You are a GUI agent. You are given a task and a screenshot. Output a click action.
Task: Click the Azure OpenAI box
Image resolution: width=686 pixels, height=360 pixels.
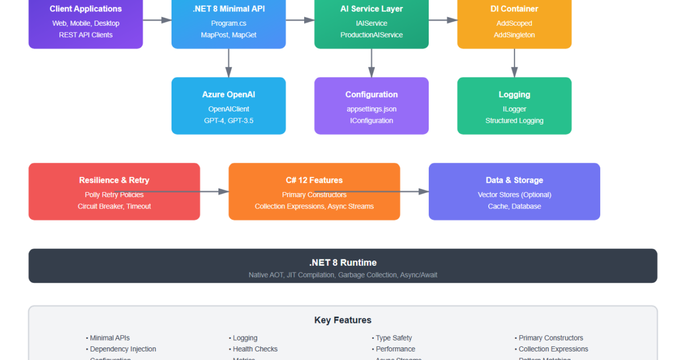229,106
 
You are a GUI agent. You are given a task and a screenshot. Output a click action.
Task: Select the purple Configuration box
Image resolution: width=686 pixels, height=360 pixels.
372,106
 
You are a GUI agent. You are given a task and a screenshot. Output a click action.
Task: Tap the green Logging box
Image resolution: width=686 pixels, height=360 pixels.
514,106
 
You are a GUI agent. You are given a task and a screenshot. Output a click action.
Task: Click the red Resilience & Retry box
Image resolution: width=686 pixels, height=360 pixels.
114,191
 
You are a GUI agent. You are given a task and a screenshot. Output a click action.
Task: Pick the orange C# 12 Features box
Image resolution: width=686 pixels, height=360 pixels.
314,191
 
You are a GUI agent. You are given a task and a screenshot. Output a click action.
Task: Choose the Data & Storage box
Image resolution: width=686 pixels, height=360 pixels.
514,191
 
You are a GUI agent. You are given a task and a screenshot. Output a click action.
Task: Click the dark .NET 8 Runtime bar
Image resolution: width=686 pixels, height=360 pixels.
343,266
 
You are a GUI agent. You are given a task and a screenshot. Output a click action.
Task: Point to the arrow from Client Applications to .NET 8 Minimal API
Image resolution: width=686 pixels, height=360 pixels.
157,20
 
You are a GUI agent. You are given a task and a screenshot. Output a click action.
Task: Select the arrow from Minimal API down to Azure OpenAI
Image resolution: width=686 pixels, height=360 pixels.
229,63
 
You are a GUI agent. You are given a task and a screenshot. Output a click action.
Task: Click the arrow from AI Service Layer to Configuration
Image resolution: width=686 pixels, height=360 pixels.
372,63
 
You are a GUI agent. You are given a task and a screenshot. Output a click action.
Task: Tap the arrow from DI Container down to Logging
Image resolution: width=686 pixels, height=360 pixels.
514,63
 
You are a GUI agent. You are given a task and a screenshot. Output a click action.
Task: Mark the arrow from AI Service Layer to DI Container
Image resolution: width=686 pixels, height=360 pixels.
443,20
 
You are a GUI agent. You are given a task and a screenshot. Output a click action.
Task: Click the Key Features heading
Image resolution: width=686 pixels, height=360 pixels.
343,320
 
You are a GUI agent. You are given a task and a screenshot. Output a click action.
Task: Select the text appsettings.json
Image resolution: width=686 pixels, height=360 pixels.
372,109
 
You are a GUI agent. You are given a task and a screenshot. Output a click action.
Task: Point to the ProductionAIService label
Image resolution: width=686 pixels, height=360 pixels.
372,35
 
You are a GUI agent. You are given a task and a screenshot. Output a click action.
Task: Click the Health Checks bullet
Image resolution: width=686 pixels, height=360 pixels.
255,349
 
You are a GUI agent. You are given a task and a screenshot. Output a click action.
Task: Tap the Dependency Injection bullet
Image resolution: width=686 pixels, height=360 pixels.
123,349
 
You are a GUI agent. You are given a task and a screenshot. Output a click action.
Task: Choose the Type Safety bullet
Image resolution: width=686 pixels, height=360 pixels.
394,338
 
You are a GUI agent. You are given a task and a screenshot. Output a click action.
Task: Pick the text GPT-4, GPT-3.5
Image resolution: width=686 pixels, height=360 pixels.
229,121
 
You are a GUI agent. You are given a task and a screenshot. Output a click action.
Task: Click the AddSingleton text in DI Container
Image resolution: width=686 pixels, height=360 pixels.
514,35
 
